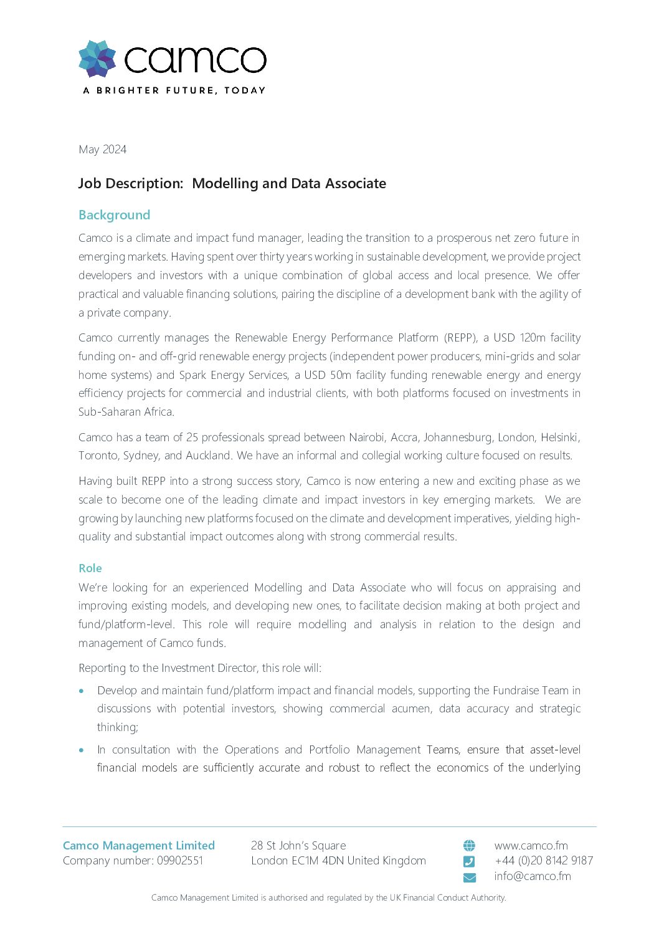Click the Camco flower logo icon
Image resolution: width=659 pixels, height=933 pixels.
coord(97,59)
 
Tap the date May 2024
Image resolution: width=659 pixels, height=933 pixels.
coord(102,150)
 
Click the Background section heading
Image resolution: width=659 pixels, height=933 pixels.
coord(114,215)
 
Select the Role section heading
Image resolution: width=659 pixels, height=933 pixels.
coord(90,568)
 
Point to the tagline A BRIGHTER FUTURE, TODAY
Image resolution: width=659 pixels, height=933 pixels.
coord(174,90)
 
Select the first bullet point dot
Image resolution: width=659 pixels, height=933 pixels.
coord(82,691)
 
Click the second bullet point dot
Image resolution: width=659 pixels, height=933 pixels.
coord(82,750)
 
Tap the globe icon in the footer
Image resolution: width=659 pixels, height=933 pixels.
coord(469,846)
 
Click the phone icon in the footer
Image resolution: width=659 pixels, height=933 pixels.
coord(469,861)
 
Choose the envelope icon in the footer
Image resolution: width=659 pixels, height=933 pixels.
coord(469,878)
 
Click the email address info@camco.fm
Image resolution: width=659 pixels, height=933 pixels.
coord(533,876)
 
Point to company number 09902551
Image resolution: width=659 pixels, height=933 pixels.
coord(180,861)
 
